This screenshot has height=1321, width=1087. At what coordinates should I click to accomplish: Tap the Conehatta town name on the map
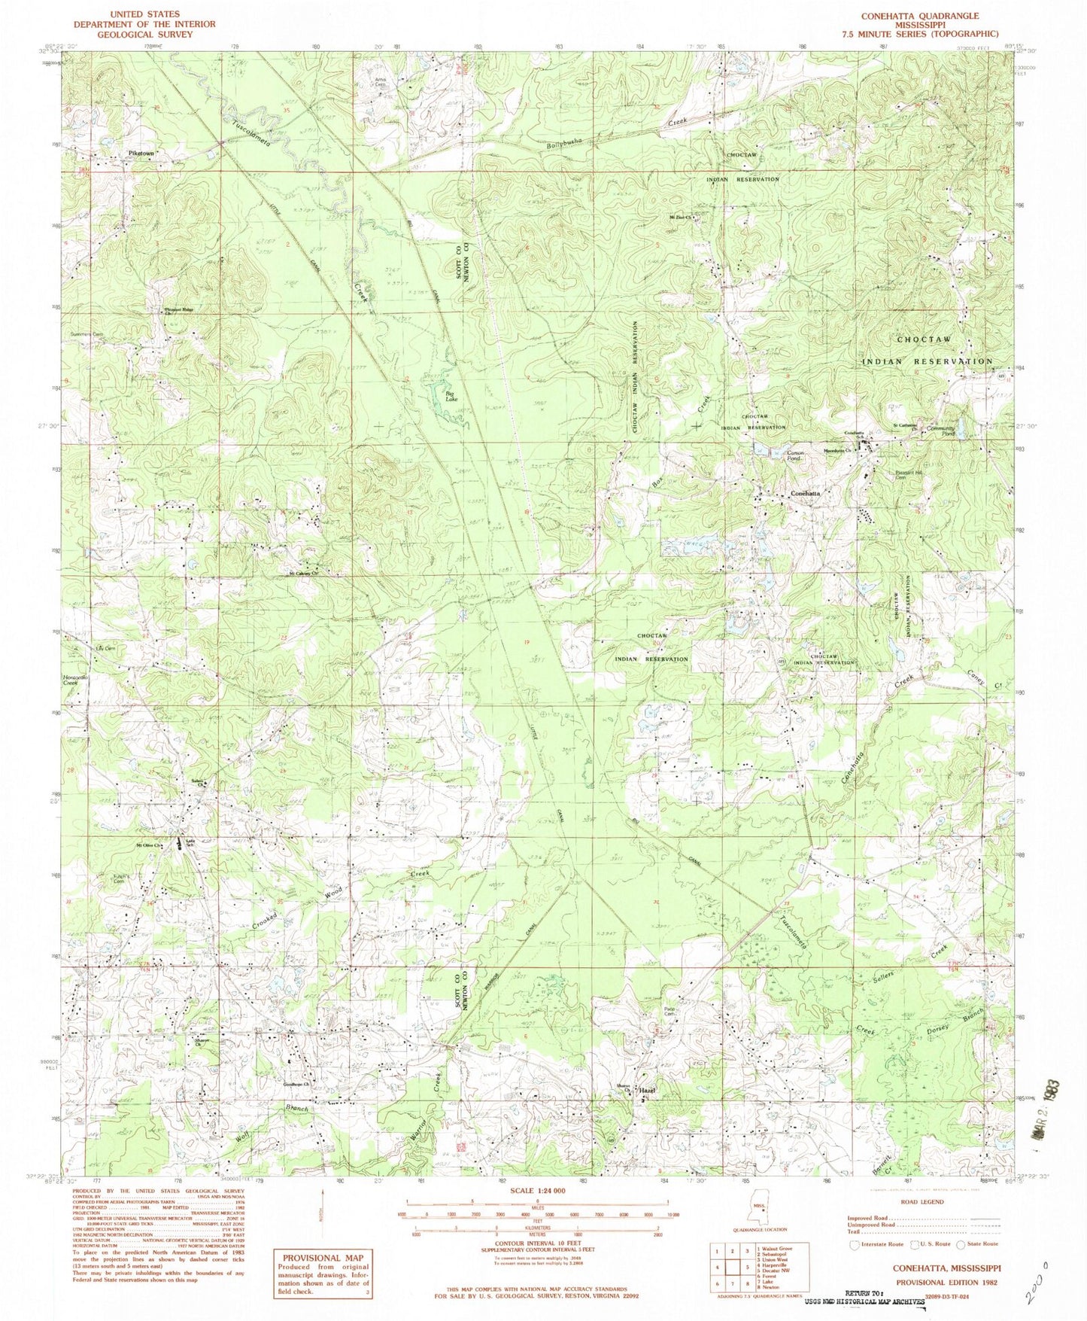805,494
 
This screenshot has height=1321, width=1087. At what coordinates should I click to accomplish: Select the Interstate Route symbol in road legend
854,1266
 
